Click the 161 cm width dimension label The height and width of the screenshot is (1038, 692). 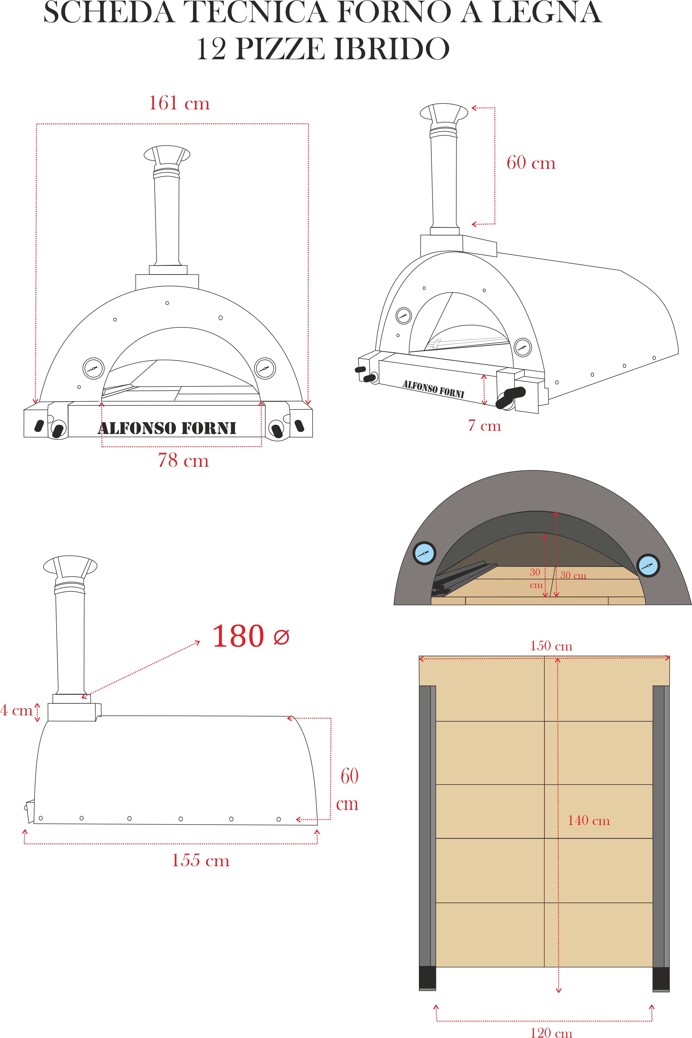(179, 103)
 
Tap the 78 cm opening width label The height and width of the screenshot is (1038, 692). (183, 460)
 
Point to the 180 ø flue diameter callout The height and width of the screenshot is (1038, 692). (251, 636)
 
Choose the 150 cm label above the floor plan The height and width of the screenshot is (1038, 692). (551, 646)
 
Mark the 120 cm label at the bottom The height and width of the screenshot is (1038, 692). (551, 1032)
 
